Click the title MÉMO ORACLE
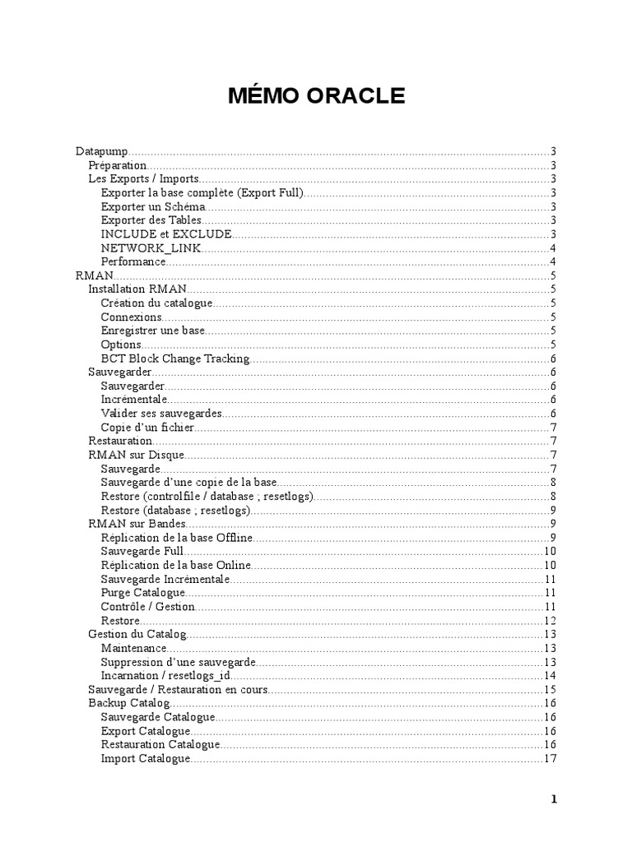click(317, 96)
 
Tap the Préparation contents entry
click(117, 165)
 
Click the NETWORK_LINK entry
click(151, 248)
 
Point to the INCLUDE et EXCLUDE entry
click(166, 234)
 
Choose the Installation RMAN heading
click(137, 289)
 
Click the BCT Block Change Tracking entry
click(174, 359)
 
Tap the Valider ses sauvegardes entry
click(161, 414)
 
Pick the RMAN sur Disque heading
click(136, 455)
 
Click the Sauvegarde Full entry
click(142, 552)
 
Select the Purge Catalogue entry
click(143, 593)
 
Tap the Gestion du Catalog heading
click(137, 634)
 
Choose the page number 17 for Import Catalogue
click(551, 758)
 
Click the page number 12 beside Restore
click(551, 621)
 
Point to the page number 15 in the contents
click(551, 689)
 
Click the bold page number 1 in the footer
click(554, 799)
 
